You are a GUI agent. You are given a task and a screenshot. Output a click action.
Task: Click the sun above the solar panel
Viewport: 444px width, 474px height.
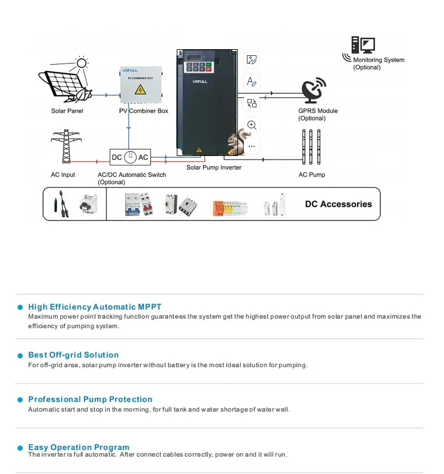[81, 63]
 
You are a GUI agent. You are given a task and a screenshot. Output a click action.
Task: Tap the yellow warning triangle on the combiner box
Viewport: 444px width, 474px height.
[140, 90]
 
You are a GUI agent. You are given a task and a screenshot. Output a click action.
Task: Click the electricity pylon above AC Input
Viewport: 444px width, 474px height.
[66, 146]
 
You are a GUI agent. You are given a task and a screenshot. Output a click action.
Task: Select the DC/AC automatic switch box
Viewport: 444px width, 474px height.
[130, 157]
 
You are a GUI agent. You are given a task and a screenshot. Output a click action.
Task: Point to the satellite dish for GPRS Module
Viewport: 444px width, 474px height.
[313, 90]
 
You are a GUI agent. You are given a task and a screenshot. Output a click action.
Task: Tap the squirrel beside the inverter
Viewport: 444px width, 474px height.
[238, 142]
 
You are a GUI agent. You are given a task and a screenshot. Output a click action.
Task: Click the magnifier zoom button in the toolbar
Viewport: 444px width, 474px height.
[252, 125]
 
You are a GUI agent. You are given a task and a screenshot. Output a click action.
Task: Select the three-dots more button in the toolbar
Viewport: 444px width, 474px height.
[252, 146]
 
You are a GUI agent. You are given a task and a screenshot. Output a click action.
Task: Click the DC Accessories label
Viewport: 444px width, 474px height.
[339, 204]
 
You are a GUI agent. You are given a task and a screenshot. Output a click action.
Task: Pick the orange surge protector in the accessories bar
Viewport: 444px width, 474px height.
[218, 208]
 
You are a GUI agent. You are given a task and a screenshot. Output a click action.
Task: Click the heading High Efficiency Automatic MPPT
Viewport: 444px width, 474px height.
[95, 307]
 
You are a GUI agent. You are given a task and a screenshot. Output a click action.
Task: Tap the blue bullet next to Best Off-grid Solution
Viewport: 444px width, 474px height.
[20, 355]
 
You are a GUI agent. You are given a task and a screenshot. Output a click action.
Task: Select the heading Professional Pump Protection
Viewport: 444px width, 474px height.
[90, 400]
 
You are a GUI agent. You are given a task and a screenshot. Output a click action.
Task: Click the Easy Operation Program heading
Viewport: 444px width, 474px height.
[78, 447]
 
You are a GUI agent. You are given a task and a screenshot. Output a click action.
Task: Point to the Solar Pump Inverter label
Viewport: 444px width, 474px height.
[214, 167]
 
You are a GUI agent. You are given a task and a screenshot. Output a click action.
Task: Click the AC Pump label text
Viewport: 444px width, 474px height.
[312, 175]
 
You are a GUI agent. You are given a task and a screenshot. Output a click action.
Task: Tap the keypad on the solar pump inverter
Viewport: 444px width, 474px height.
[199, 67]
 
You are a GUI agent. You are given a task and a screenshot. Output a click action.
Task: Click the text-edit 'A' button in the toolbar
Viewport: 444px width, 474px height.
[252, 82]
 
